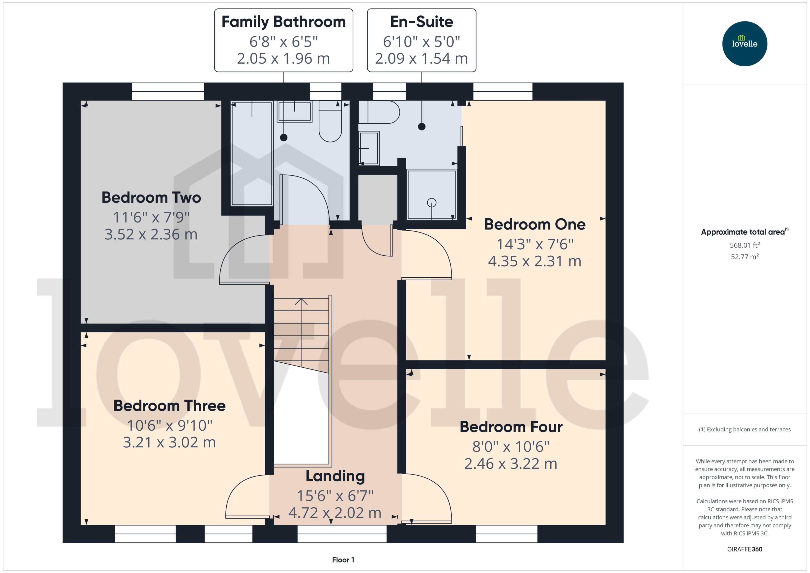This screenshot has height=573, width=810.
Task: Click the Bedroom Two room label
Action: [x=151, y=198]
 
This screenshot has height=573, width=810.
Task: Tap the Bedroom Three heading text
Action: [x=169, y=406]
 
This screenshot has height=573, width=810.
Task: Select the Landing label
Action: [x=335, y=476]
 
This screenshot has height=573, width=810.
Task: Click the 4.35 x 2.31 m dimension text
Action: [x=534, y=261]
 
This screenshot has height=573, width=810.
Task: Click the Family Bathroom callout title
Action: [x=283, y=22]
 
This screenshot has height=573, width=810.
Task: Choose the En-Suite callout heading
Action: [x=421, y=22]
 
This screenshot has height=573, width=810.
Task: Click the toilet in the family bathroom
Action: [x=330, y=122]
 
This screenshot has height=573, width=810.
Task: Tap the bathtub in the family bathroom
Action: [x=252, y=153]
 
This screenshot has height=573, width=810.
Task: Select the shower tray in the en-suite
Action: [x=431, y=195]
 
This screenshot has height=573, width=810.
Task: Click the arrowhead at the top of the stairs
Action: [x=301, y=301]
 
